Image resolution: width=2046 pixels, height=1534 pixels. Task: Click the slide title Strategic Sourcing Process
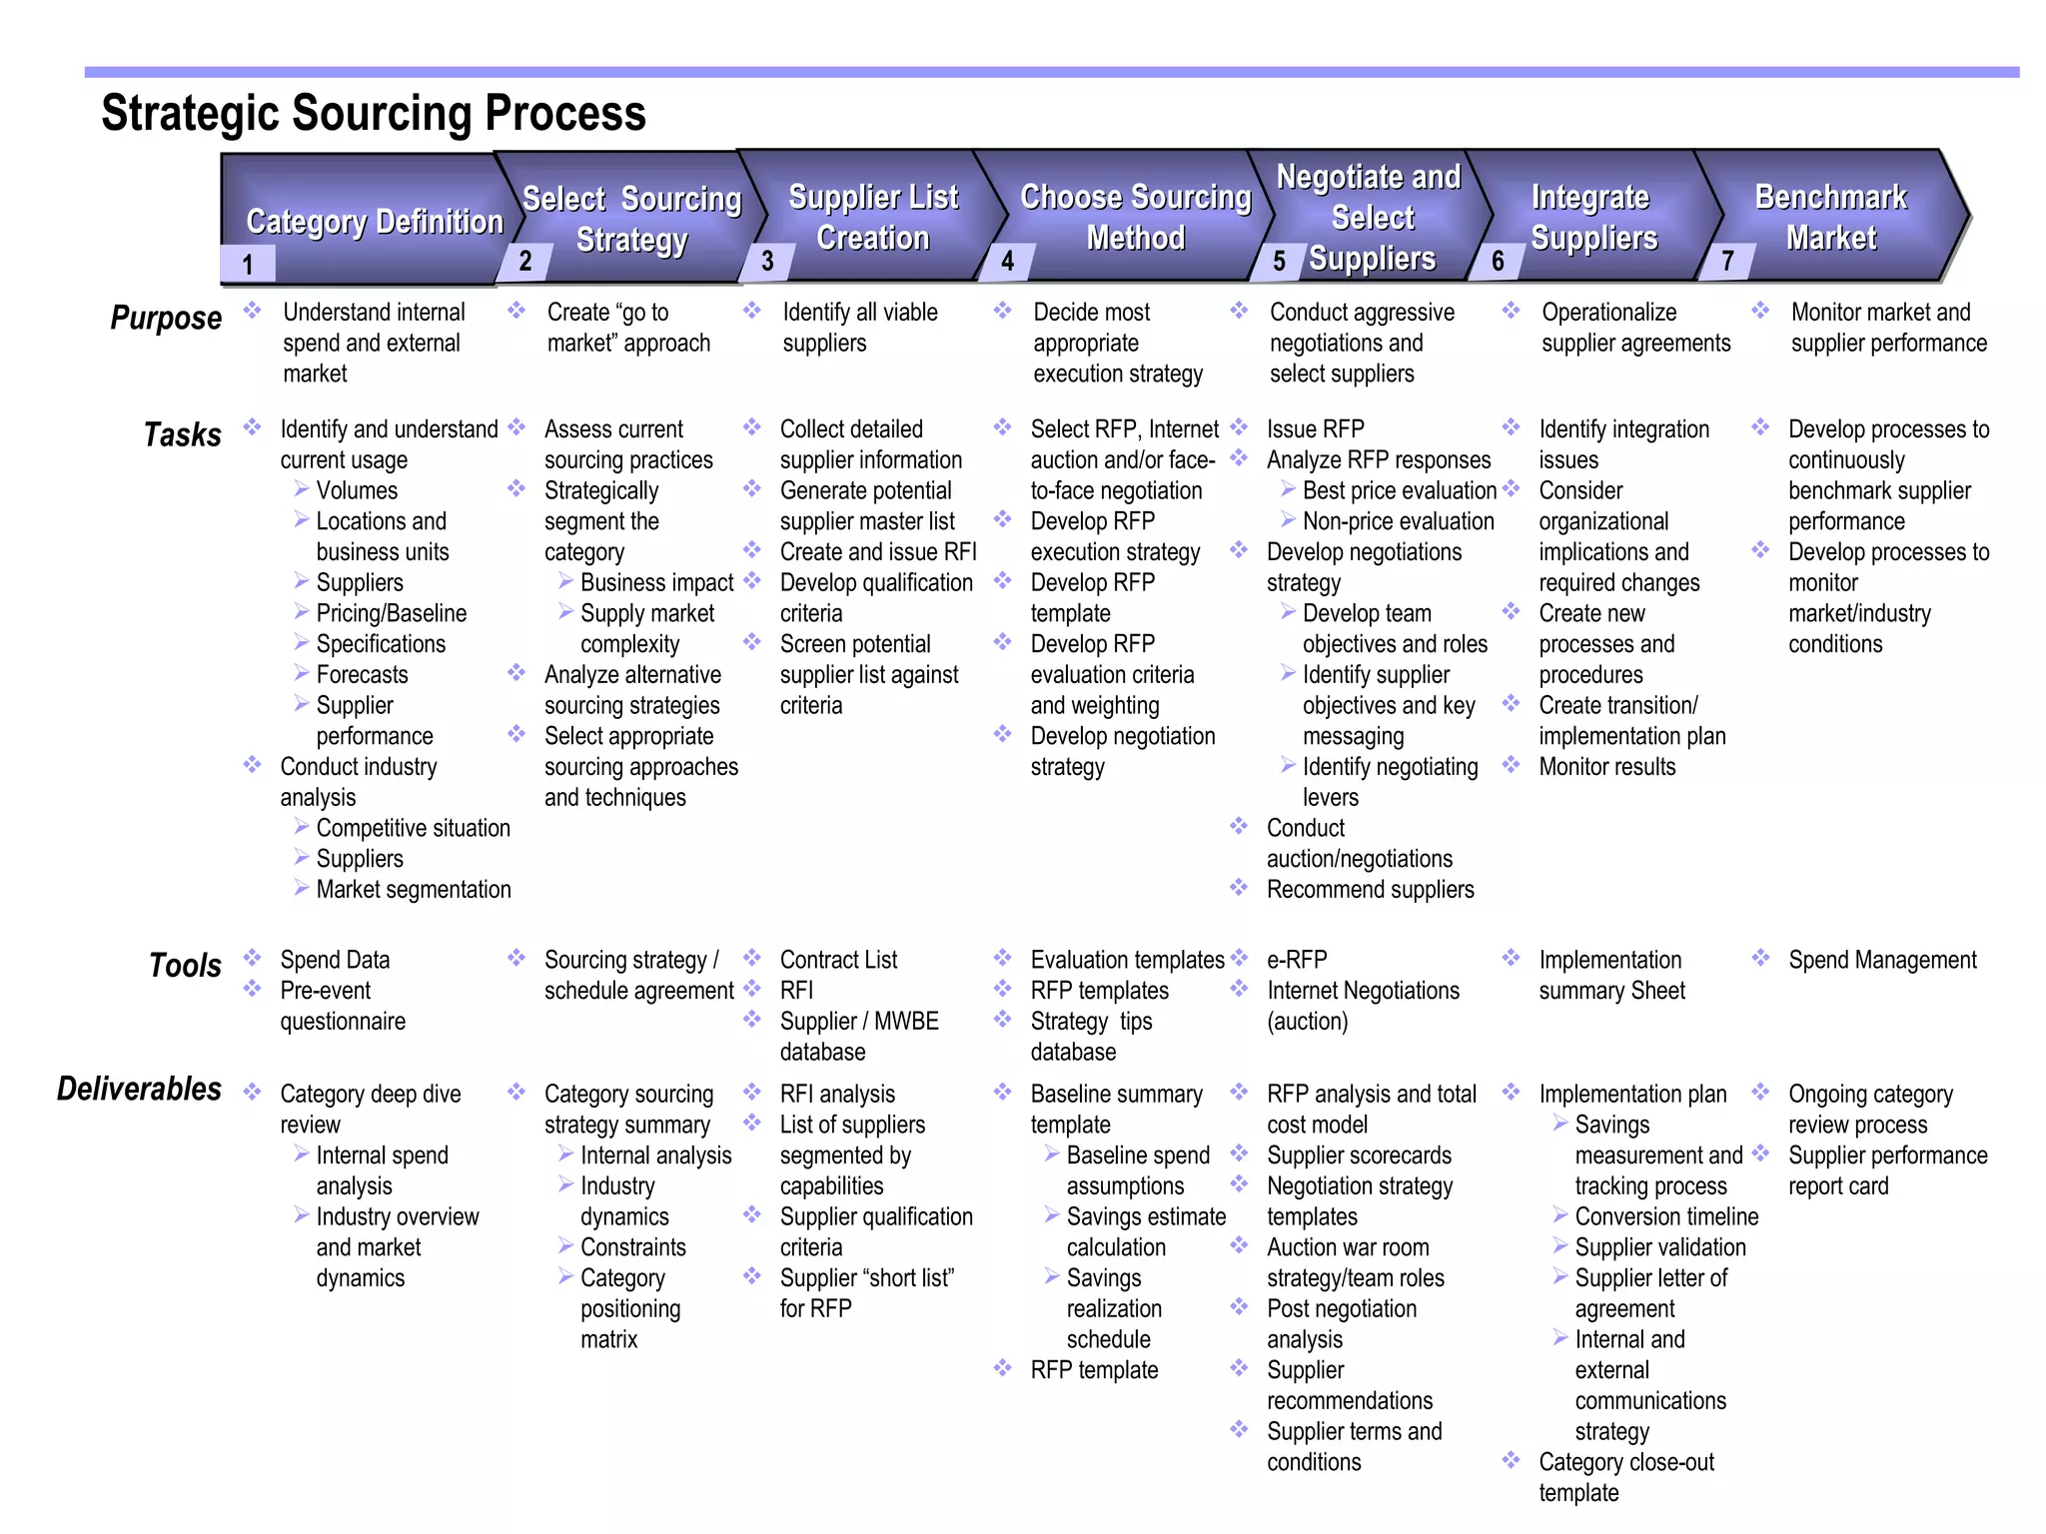(374, 113)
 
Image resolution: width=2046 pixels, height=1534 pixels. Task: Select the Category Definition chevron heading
(375, 222)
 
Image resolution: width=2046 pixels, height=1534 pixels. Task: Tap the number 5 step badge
(1279, 262)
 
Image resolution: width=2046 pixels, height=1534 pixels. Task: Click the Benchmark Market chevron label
(1831, 218)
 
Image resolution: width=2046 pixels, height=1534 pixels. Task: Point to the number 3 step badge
(767, 262)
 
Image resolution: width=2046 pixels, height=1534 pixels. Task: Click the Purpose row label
(166, 318)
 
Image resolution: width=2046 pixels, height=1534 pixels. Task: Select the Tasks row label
(182, 434)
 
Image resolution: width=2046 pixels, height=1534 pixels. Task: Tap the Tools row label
(185, 965)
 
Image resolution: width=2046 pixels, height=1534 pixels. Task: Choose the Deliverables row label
(139, 1089)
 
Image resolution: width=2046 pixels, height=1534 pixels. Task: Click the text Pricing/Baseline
(391, 613)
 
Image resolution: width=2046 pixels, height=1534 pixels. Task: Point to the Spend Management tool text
(1882, 960)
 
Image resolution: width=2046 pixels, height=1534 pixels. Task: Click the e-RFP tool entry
(1297, 960)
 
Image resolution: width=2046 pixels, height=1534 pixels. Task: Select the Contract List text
(838, 960)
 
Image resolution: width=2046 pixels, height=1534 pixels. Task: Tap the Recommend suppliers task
(1370, 889)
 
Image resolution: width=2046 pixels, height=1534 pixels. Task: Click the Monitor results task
(1606, 767)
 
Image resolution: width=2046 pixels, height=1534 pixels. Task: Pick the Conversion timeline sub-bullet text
(1666, 1216)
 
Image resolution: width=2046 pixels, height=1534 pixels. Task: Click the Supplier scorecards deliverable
(1359, 1155)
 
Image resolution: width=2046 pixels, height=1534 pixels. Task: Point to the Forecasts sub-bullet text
(362, 675)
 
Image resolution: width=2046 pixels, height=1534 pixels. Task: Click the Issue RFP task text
(1315, 429)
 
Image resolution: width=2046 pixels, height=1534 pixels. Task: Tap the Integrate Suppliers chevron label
(1593, 218)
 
